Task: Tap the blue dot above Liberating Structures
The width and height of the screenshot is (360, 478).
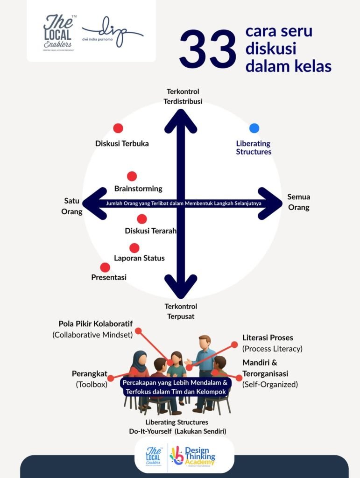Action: pyautogui.click(x=254, y=128)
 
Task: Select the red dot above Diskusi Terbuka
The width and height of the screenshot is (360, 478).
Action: pyautogui.click(x=118, y=128)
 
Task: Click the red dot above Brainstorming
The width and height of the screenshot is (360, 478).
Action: pyautogui.click(x=132, y=176)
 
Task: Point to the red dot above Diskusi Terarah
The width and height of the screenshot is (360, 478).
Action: pyautogui.click(x=142, y=219)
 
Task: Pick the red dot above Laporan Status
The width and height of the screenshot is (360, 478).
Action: pyautogui.click(x=134, y=248)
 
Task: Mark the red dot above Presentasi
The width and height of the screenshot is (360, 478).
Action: pyautogui.click(x=105, y=267)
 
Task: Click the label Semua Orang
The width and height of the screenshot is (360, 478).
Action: pyautogui.click(x=298, y=202)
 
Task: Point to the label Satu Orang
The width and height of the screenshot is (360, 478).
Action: pyautogui.click(x=73, y=206)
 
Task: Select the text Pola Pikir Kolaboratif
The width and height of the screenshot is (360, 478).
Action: pyautogui.click(x=96, y=323)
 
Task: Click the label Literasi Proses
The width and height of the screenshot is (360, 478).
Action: pyautogui.click(x=268, y=337)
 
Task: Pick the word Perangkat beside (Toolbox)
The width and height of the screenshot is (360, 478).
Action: pyautogui.click(x=90, y=374)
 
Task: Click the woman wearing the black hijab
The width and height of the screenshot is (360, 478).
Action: pyautogui.click(x=140, y=369)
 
